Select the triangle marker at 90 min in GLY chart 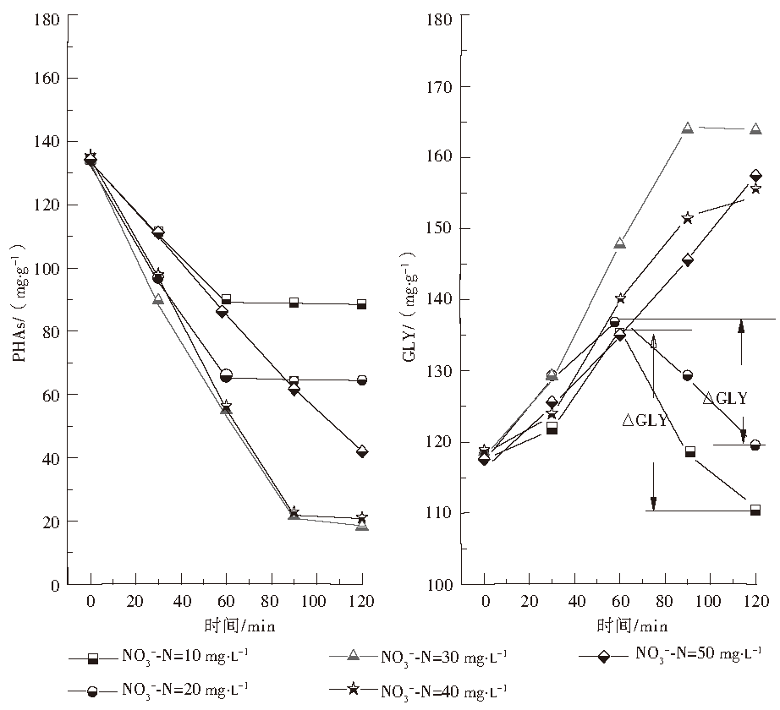(688, 128)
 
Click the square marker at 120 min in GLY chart (755, 510)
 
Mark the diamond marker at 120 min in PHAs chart (363, 451)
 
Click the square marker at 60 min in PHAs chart (226, 299)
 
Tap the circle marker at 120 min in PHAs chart (363, 380)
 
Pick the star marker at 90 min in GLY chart (688, 218)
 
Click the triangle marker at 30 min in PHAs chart (158, 299)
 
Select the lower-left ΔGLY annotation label (646, 420)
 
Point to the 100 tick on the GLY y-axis (442, 585)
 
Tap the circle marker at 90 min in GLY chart (688, 374)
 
